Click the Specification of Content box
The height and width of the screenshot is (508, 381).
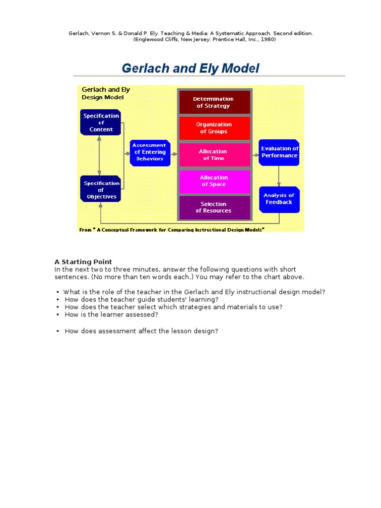click(101, 123)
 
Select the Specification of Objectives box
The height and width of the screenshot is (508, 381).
click(101, 190)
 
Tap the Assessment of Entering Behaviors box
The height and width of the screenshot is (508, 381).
click(149, 152)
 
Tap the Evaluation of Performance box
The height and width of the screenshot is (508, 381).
click(280, 152)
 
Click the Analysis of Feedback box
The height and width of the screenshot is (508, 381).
click(279, 199)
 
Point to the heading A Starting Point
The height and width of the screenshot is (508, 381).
click(83, 262)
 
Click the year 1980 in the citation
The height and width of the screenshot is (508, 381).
click(267, 40)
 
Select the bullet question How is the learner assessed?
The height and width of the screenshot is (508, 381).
click(111, 315)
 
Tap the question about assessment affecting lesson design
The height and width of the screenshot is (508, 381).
click(141, 331)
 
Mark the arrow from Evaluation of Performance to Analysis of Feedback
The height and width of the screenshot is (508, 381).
click(279, 176)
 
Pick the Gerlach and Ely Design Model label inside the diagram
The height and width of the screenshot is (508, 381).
click(106, 93)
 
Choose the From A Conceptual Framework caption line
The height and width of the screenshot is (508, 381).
click(172, 230)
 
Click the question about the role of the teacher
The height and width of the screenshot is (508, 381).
click(194, 292)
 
